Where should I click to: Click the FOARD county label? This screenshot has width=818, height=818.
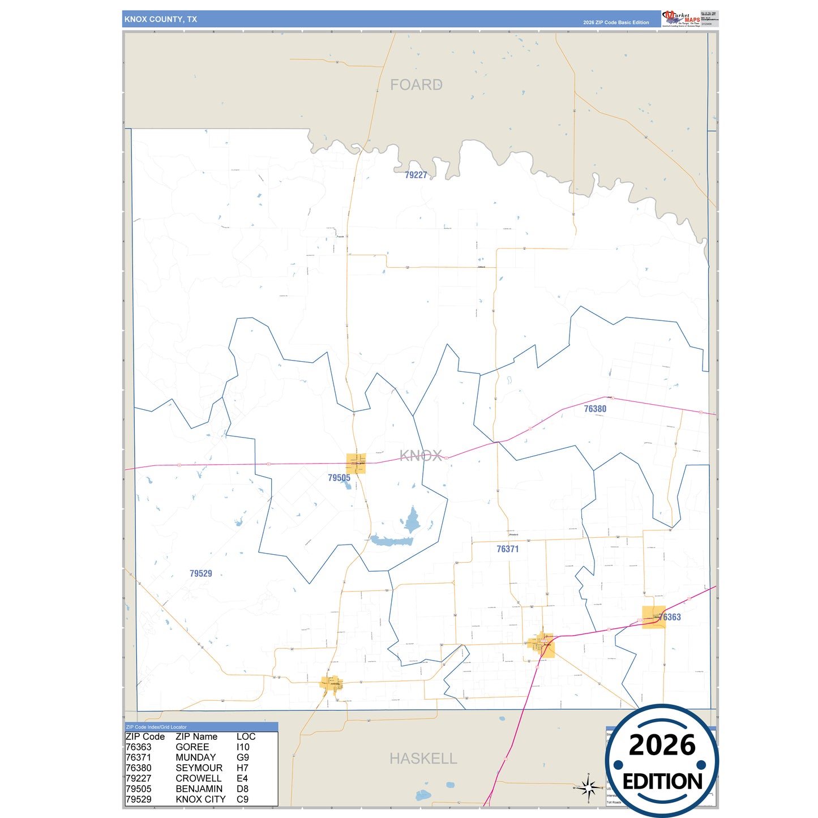point(416,85)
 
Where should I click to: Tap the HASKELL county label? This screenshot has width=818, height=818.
point(423,759)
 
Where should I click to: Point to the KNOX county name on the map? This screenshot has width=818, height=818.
point(421,456)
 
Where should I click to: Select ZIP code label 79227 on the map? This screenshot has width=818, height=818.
point(416,175)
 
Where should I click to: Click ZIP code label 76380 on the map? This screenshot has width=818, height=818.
point(595,409)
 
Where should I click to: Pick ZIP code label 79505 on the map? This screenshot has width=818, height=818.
point(339,478)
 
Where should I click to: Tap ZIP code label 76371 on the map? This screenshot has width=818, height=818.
point(507,549)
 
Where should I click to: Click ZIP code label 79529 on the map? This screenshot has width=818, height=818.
point(201,573)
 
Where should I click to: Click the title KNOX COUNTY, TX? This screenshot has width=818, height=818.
point(161,19)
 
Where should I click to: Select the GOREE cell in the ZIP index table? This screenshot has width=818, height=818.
point(192,747)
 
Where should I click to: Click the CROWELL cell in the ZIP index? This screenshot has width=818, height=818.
point(199,778)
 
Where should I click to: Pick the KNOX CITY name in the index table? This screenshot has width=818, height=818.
point(200,799)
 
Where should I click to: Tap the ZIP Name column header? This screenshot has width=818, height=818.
point(196,736)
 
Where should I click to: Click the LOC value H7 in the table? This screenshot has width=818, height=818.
point(242,768)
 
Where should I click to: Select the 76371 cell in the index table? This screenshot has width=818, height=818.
point(139,757)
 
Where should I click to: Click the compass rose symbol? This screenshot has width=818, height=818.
point(588,787)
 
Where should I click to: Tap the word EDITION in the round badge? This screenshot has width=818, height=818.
point(662,782)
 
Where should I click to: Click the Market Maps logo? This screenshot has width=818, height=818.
point(682,19)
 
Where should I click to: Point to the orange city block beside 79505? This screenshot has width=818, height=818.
point(356,463)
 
